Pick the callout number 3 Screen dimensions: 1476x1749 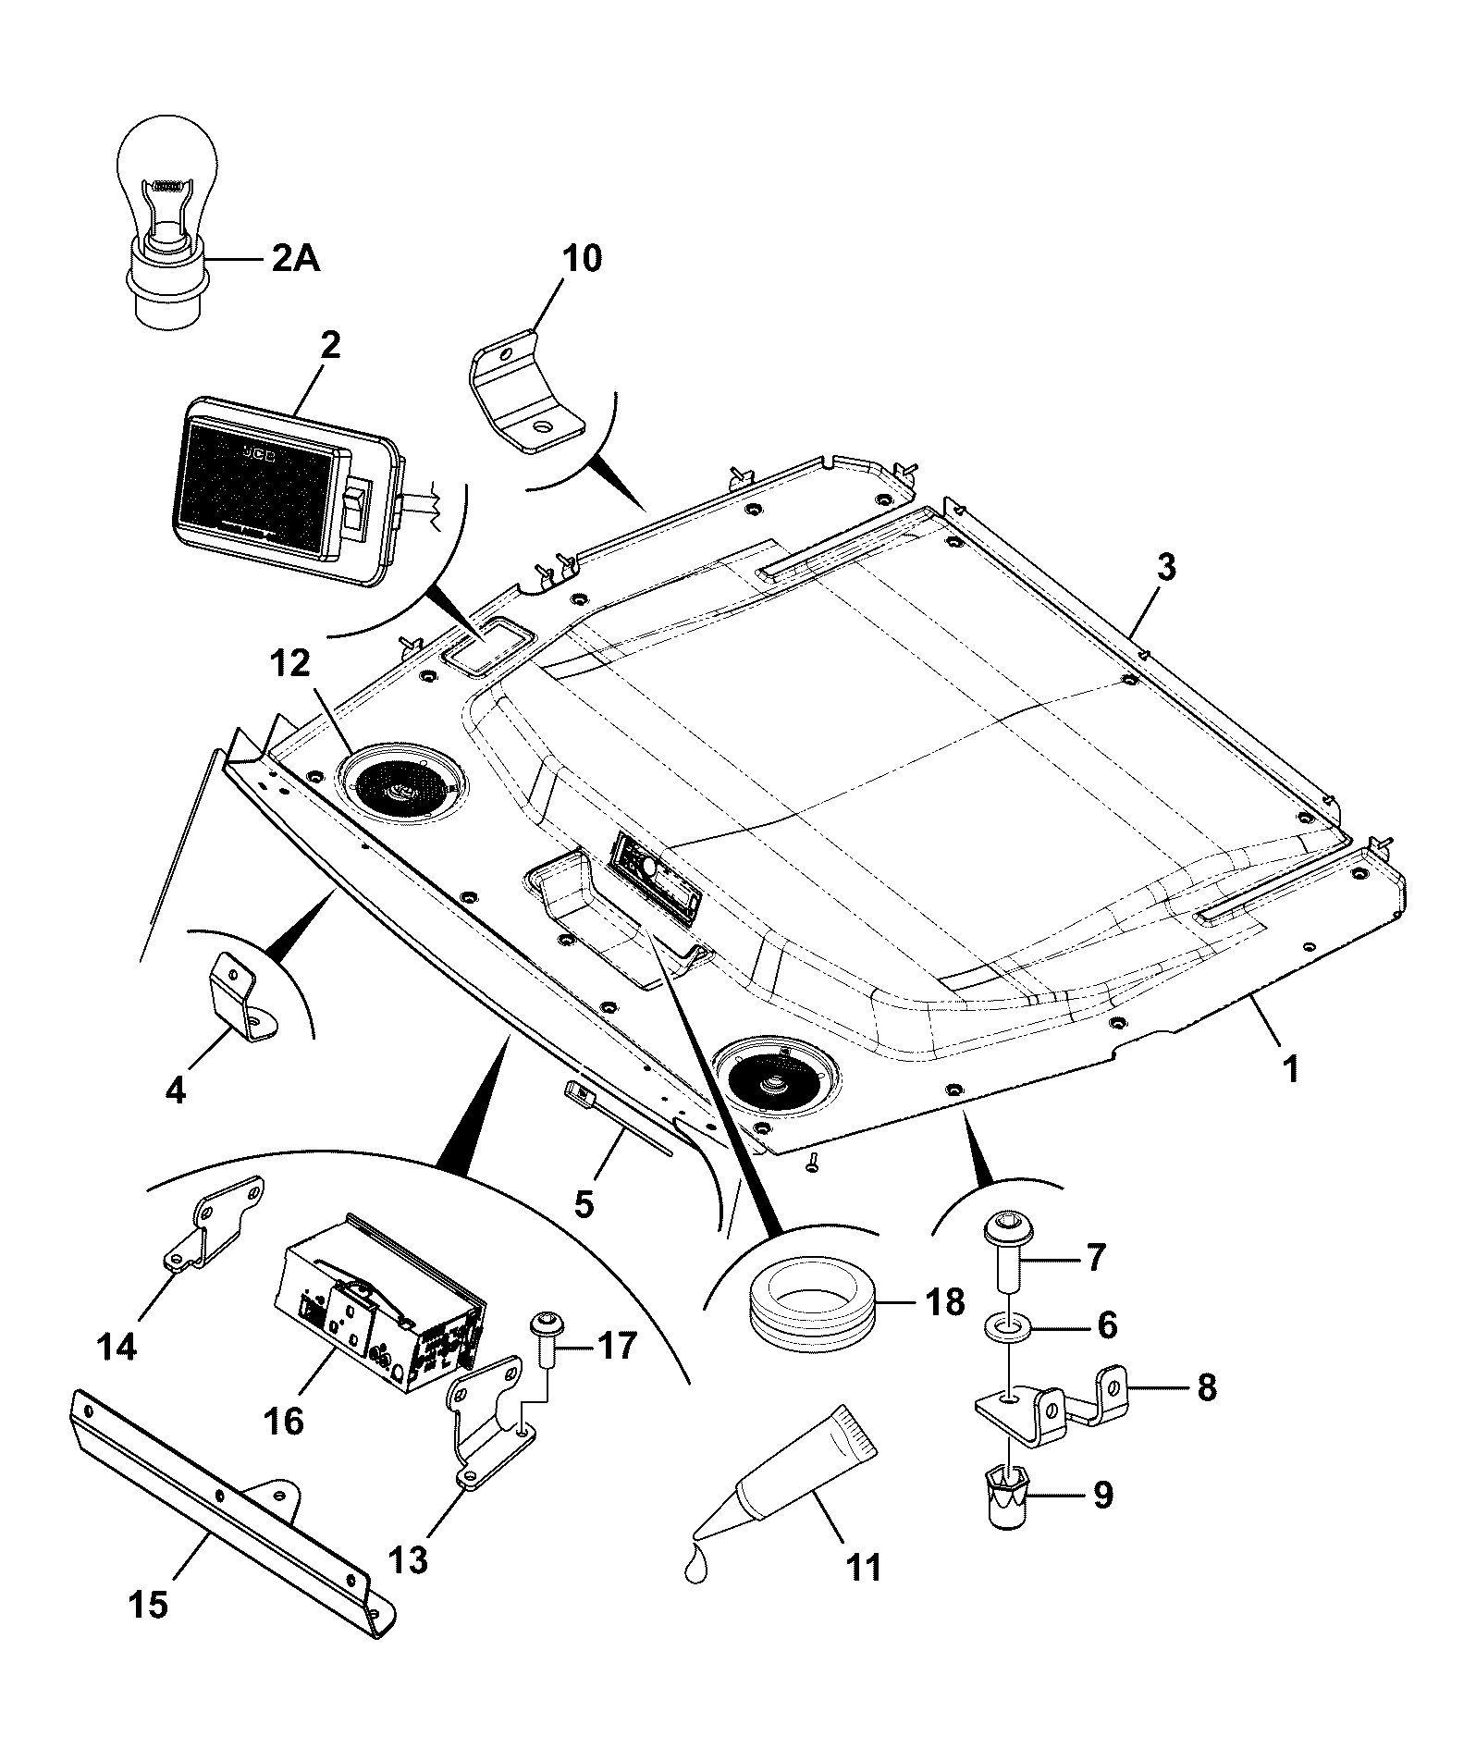tap(1166, 567)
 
